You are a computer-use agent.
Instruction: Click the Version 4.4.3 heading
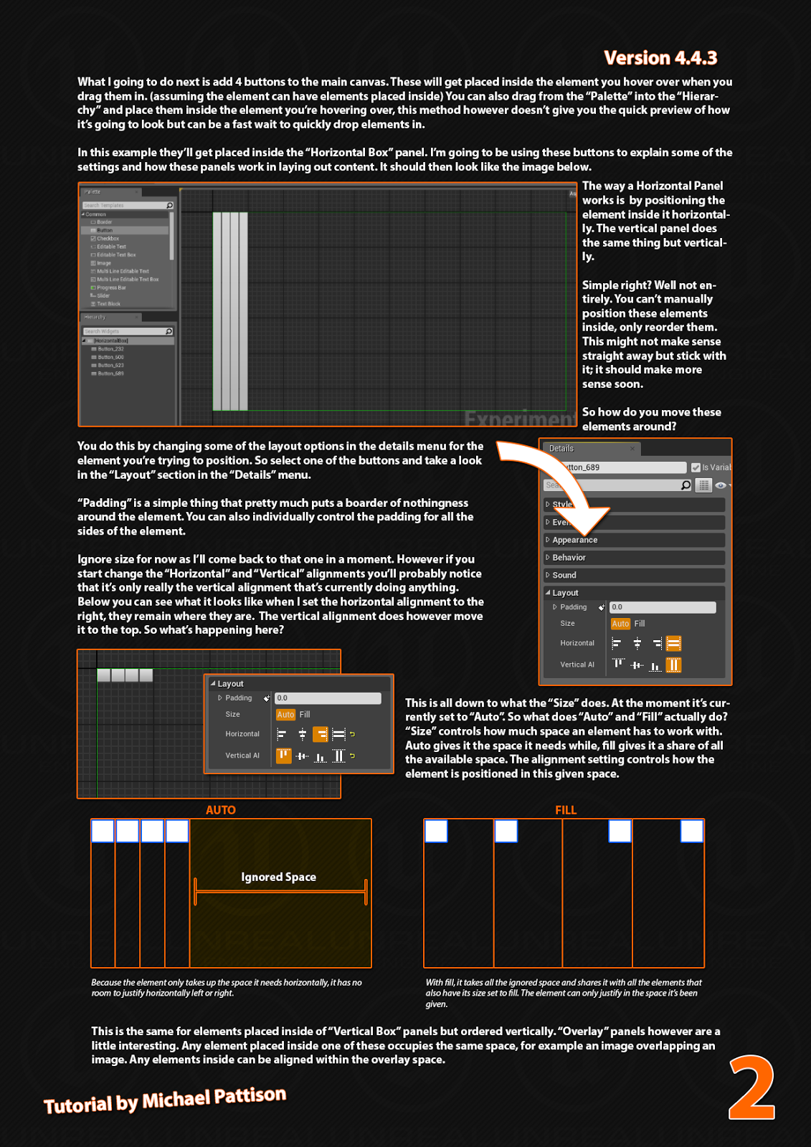click(660, 57)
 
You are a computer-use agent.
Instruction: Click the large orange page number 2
click(751, 1087)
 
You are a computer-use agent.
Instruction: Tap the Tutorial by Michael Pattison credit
click(165, 1100)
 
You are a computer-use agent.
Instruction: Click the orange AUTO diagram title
click(220, 810)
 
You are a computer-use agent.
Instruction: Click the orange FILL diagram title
click(565, 810)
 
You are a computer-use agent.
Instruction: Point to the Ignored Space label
click(278, 877)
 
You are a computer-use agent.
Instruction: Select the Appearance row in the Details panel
click(574, 540)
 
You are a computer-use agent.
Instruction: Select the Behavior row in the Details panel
click(569, 558)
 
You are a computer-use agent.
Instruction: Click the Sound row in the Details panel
click(564, 575)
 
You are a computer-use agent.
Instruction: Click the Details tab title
click(561, 449)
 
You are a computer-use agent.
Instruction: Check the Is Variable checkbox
click(696, 467)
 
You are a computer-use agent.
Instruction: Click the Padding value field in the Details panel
click(662, 607)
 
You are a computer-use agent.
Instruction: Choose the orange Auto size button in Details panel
click(620, 624)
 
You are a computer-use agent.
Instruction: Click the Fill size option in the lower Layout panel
click(305, 715)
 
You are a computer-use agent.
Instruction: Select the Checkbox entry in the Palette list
click(108, 239)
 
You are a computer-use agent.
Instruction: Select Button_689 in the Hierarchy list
click(110, 373)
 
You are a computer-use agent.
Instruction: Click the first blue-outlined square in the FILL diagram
click(436, 832)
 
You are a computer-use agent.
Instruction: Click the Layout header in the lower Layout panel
click(230, 684)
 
